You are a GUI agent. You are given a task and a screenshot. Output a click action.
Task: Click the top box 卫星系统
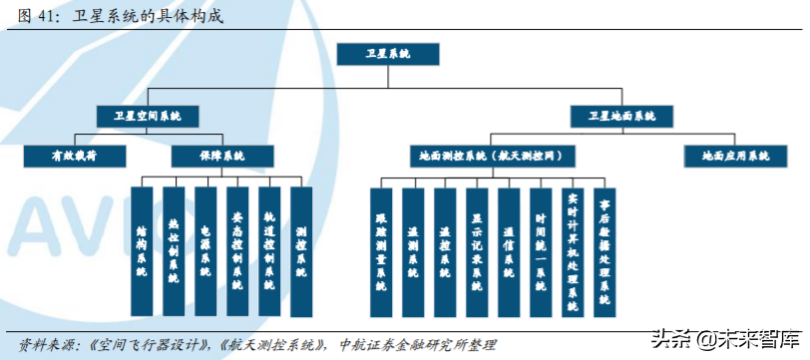[387, 55]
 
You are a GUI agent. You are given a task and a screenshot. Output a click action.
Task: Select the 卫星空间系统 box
[147, 116]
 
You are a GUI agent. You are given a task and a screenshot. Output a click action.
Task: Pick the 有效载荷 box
[75, 156]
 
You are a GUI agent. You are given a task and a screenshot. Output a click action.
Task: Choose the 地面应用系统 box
[735, 156]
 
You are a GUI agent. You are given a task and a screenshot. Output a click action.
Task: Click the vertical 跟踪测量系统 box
[381, 249]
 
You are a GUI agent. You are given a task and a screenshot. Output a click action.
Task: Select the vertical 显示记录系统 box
[477, 249]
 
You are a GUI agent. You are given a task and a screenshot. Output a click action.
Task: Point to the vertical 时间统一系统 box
[541, 249]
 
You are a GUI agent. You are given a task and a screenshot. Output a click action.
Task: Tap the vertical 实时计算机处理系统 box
[573, 249]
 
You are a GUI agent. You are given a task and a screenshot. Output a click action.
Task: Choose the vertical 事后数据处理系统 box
[606, 249]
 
